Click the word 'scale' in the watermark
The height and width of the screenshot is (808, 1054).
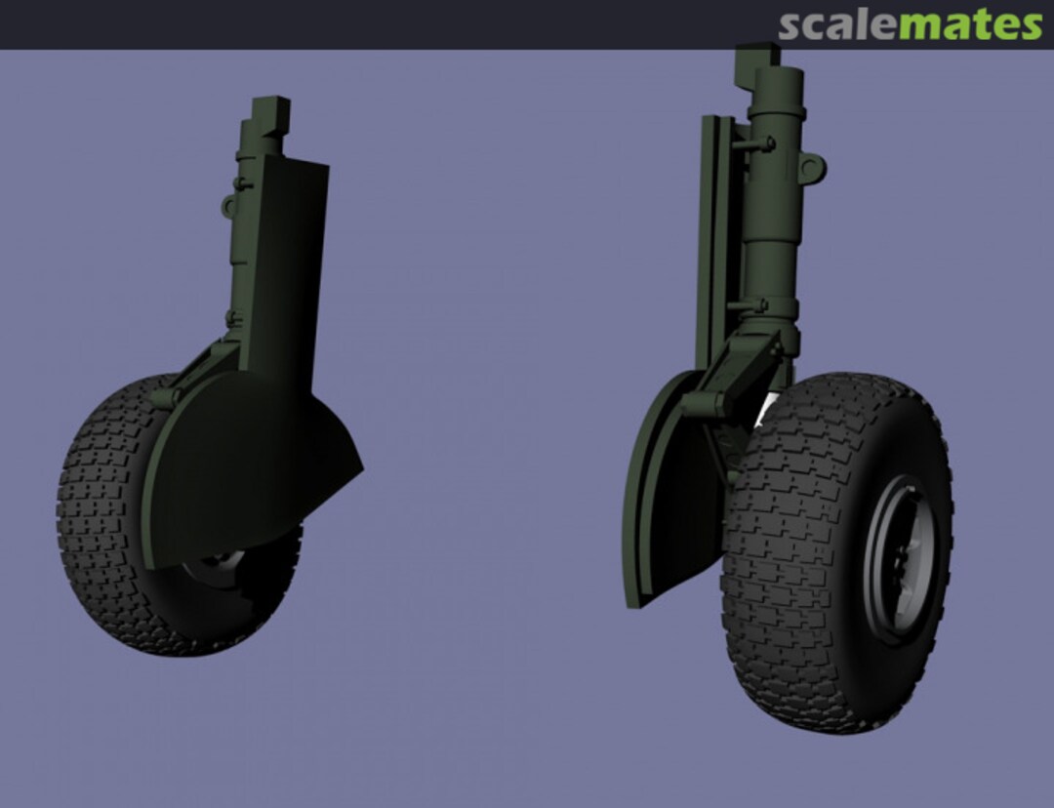[836, 25]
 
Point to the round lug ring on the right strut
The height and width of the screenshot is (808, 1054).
[812, 170]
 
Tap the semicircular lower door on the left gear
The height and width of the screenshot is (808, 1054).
[244, 468]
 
